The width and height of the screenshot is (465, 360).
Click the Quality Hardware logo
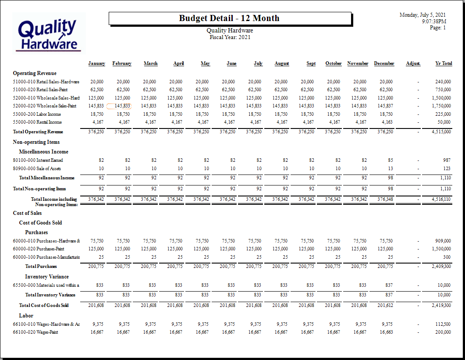click(x=49, y=33)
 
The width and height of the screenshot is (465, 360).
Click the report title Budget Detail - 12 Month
click(x=229, y=18)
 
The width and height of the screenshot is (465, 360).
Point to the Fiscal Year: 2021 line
click(x=230, y=37)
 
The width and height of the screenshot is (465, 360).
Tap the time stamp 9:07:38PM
click(x=434, y=21)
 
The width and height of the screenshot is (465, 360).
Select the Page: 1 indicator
click(x=438, y=28)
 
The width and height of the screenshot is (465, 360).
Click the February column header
click(x=122, y=64)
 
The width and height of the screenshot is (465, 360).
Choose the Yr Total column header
click(x=444, y=64)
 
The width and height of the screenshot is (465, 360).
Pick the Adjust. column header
click(x=413, y=64)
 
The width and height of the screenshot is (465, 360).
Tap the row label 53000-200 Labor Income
click(x=37, y=114)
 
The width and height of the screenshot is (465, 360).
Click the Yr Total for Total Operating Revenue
click(x=441, y=132)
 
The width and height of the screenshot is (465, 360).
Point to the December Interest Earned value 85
click(x=390, y=160)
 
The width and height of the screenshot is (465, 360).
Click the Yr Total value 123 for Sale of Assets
click(x=447, y=168)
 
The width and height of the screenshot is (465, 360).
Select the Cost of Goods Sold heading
click(x=41, y=223)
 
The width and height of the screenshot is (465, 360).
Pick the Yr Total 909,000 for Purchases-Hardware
click(x=443, y=241)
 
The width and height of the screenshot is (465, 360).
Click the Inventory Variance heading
click(x=47, y=277)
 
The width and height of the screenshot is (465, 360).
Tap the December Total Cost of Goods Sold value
click(x=385, y=305)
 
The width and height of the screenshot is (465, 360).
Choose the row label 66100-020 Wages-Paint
click(x=35, y=332)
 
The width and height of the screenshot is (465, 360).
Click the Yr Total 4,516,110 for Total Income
click(x=441, y=200)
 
